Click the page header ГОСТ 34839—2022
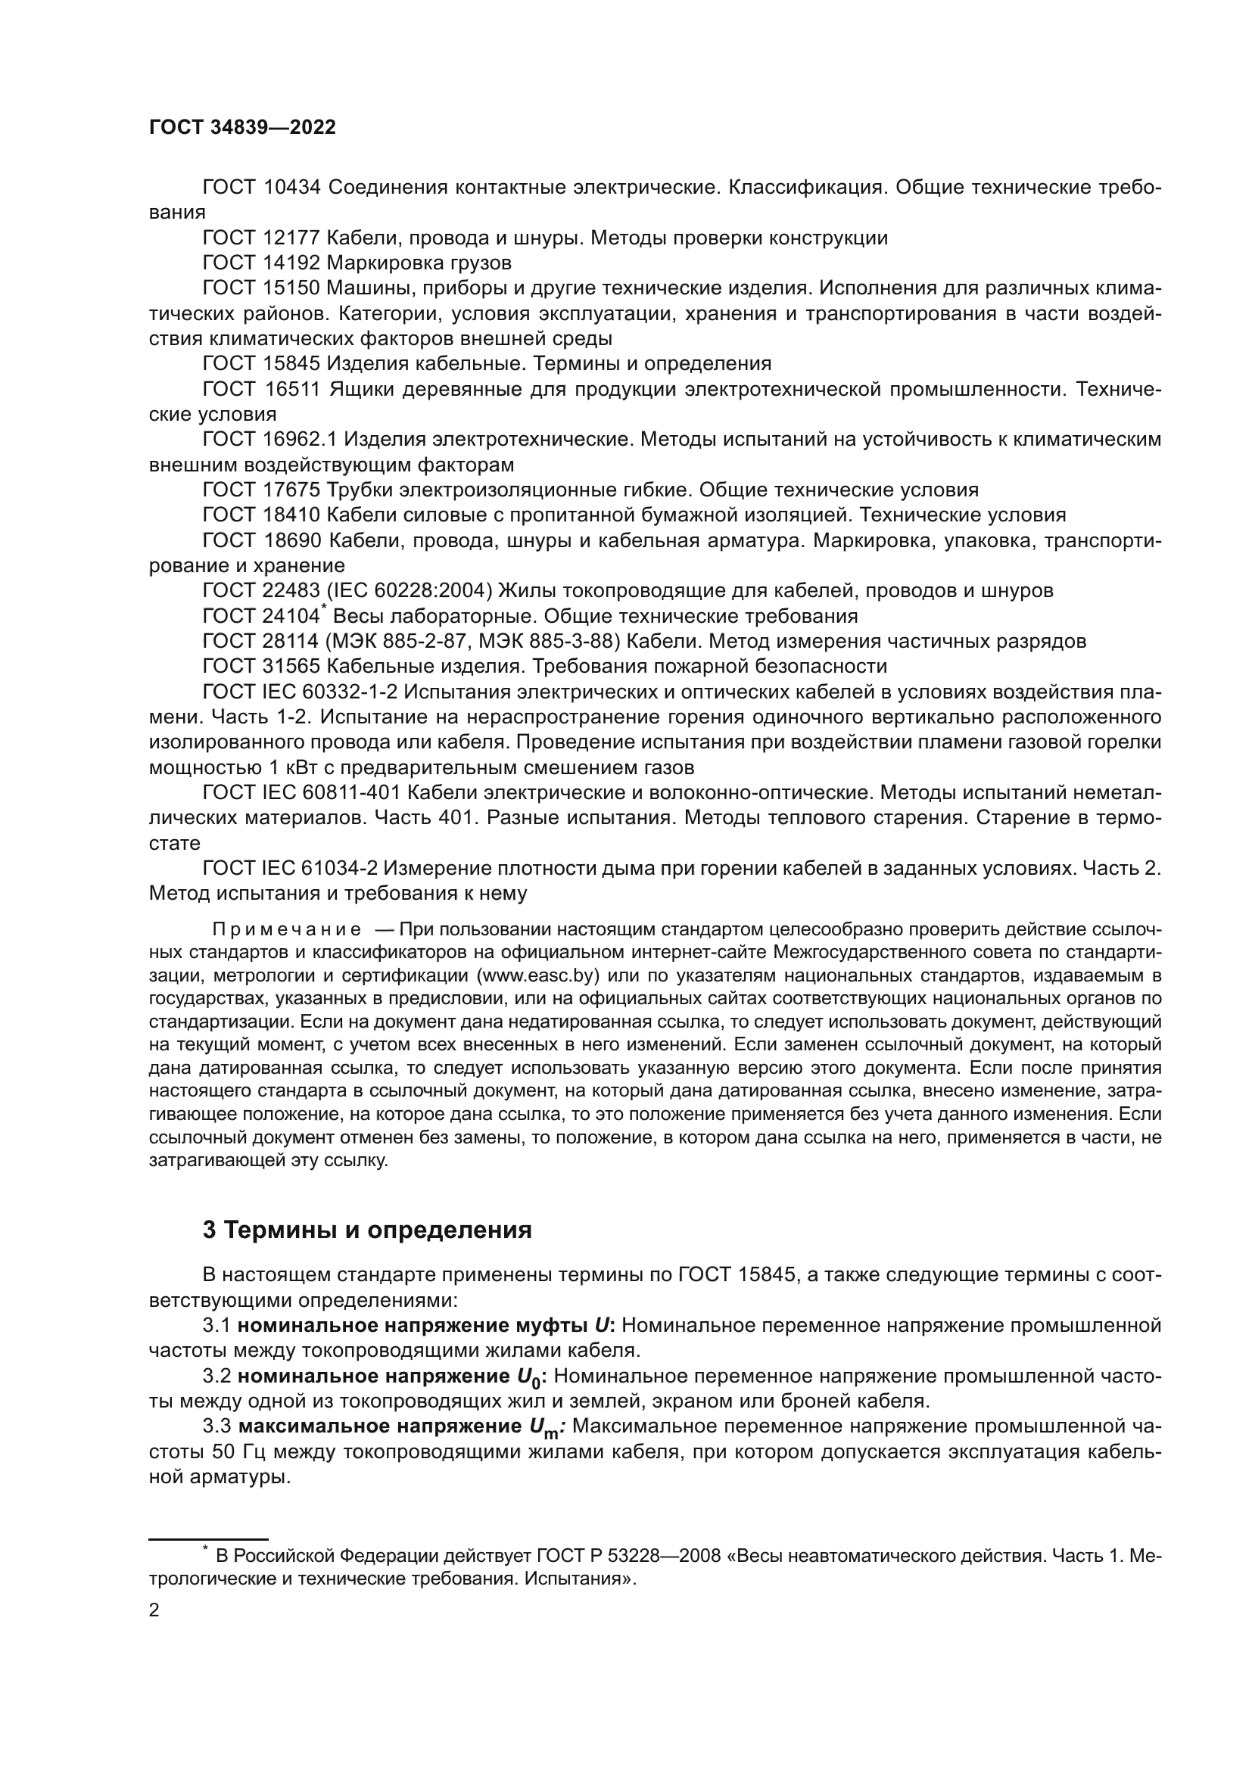pyautogui.click(x=242, y=128)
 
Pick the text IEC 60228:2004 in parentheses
pyautogui.click(x=410, y=590)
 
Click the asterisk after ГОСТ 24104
pyautogui.click(x=324, y=609)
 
